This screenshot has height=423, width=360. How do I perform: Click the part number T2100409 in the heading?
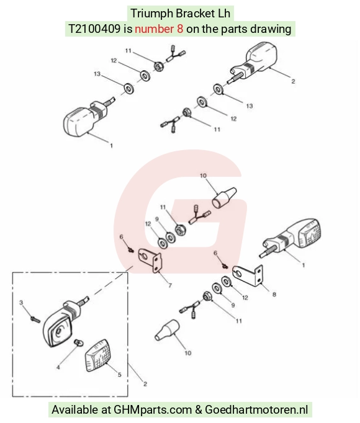click(x=94, y=29)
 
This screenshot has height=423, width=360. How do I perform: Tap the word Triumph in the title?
click(x=151, y=14)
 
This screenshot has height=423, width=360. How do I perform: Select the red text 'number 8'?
click(x=159, y=29)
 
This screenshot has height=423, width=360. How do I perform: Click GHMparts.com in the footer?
click(x=153, y=409)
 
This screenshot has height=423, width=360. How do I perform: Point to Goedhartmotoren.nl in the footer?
click(x=256, y=409)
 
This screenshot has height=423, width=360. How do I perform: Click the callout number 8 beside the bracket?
click(x=274, y=295)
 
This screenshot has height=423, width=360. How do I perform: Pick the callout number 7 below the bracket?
click(x=170, y=285)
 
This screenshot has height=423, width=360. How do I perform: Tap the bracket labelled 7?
click(x=150, y=260)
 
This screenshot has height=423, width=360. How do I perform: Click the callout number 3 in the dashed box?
click(x=21, y=303)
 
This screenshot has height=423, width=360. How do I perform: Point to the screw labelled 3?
click(x=35, y=319)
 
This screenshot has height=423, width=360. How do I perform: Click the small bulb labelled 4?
click(x=78, y=343)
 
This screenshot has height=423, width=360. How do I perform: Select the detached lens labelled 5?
click(x=98, y=355)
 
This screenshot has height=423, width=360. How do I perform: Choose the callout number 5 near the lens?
click(x=119, y=375)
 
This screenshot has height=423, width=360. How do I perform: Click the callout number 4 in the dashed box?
click(x=58, y=367)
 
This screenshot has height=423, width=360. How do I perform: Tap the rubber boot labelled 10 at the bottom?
click(x=167, y=330)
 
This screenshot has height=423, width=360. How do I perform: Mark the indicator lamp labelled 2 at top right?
click(x=254, y=62)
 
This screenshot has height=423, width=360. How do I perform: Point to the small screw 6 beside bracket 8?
click(x=225, y=266)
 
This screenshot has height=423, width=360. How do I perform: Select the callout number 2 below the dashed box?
click(x=145, y=384)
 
